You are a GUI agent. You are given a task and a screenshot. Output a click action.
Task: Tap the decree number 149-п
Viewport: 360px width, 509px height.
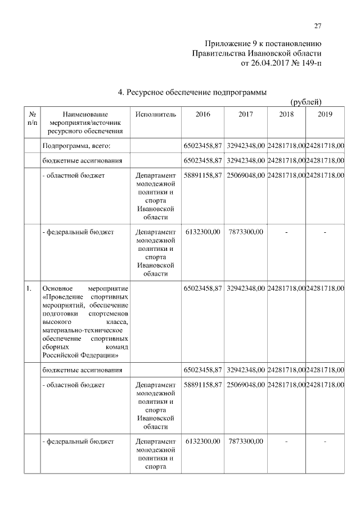(311, 64)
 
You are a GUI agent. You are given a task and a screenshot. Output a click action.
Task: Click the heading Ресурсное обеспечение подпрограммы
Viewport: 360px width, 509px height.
(197, 92)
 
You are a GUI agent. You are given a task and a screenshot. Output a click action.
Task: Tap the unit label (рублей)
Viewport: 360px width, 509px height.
(305, 102)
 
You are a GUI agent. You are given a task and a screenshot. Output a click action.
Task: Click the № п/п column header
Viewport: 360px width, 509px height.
(33, 118)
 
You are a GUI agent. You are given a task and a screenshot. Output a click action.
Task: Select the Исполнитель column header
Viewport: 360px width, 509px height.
(156, 114)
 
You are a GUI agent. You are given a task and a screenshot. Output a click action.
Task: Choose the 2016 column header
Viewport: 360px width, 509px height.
(202, 114)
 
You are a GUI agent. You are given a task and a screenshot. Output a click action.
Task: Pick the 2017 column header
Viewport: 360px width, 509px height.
(246, 114)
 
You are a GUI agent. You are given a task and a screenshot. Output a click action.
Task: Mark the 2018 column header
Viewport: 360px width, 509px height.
(286, 114)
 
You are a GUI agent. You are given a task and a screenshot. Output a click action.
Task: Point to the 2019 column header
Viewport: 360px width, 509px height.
(325, 114)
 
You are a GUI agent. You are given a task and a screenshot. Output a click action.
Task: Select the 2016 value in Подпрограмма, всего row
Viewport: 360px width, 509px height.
(202, 146)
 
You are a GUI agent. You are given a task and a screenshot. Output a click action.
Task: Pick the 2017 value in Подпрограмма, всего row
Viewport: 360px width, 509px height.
(246, 146)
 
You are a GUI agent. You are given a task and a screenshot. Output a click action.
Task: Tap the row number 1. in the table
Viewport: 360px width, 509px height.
(29, 289)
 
